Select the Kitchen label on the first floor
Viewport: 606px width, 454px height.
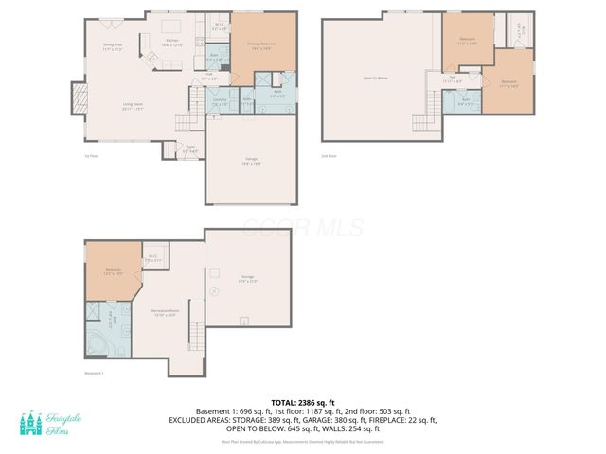pyautogui.click(x=172, y=43)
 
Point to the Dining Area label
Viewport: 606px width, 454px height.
pyautogui.click(x=116, y=46)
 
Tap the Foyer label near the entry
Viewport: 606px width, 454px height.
pyautogui.click(x=189, y=148)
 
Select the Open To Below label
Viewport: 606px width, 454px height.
pyautogui.click(x=376, y=78)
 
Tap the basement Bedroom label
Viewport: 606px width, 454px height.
pyautogui.click(x=113, y=271)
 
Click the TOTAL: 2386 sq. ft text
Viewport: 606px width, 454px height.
pyautogui.click(x=302, y=402)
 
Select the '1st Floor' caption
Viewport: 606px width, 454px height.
pyautogui.click(x=90, y=157)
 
